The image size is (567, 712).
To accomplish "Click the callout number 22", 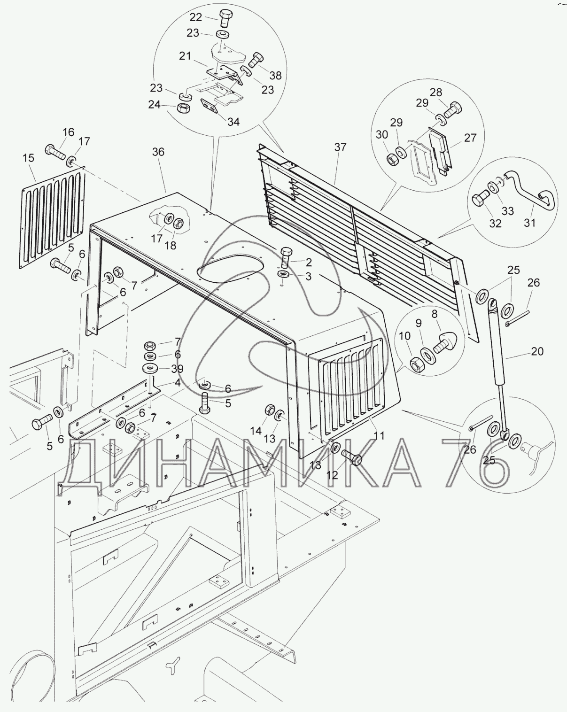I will (x=195, y=17).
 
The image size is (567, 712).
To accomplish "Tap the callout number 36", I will (x=158, y=152).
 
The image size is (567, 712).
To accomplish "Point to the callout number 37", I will (x=340, y=147).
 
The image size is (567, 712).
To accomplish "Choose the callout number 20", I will (x=537, y=351).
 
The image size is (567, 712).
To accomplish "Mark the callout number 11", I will (x=379, y=435).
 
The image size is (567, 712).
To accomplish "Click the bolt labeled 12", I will (x=351, y=456).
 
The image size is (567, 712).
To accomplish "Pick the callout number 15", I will (x=29, y=158).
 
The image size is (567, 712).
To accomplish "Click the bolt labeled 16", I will (x=54, y=152).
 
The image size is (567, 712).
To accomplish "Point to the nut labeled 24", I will (x=184, y=108).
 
